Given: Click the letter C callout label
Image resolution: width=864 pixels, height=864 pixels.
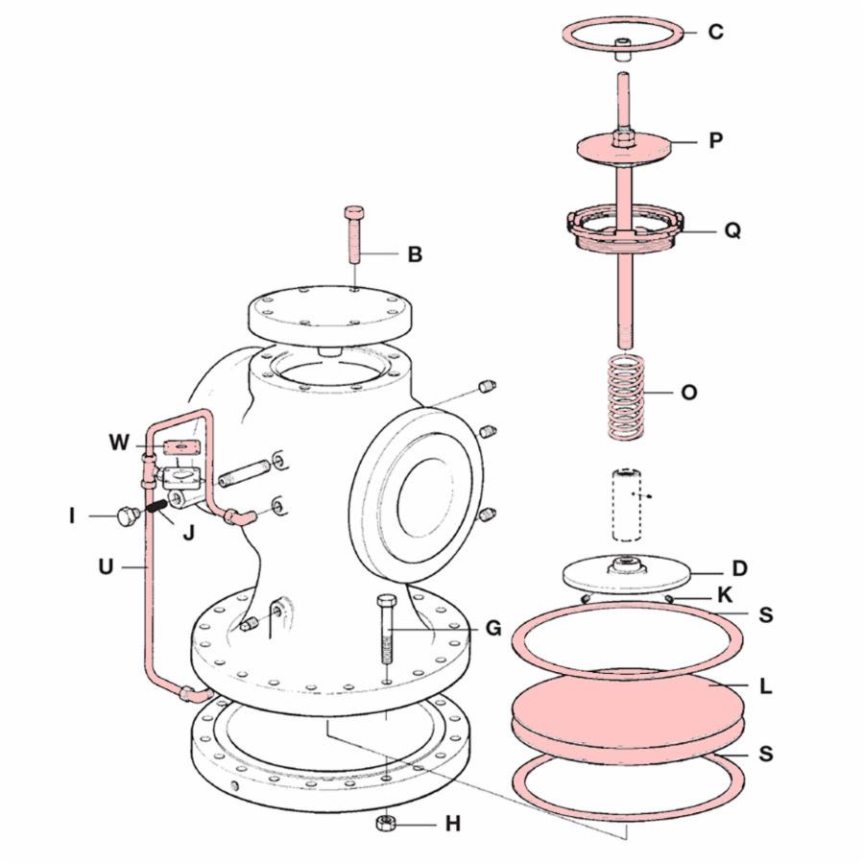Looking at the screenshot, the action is click(x=715, y=32).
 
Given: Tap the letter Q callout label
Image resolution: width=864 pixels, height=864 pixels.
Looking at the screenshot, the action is click(x=732, y=229).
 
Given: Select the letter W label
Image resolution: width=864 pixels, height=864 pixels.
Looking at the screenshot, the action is click(x=119, y=442).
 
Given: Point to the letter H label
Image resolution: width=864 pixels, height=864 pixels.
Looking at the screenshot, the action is click(x=452, y=825).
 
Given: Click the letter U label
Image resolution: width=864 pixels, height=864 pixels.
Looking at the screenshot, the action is click(x=106, y=566).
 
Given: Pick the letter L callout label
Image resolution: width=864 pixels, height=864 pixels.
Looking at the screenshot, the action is click(x=765, y=686).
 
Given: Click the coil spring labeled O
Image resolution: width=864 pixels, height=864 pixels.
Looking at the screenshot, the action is click(x=626, y=396).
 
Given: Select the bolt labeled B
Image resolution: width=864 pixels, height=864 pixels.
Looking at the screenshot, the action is click(x=353, y=236).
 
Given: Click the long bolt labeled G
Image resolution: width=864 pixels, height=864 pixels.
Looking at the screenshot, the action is click(x=387, y=629).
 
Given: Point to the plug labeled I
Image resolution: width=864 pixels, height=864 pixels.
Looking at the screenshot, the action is click(x=127, y=516).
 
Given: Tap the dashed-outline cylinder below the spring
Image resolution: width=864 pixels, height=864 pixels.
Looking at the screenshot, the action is click(x=627, y=504).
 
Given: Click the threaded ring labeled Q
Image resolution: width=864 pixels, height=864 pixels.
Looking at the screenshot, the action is click(x=625, y=228).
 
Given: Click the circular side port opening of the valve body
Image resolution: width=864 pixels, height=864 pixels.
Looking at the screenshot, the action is click(x=425, y=498).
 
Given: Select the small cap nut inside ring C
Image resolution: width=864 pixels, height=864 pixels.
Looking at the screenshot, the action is click(x=623, y=49).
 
